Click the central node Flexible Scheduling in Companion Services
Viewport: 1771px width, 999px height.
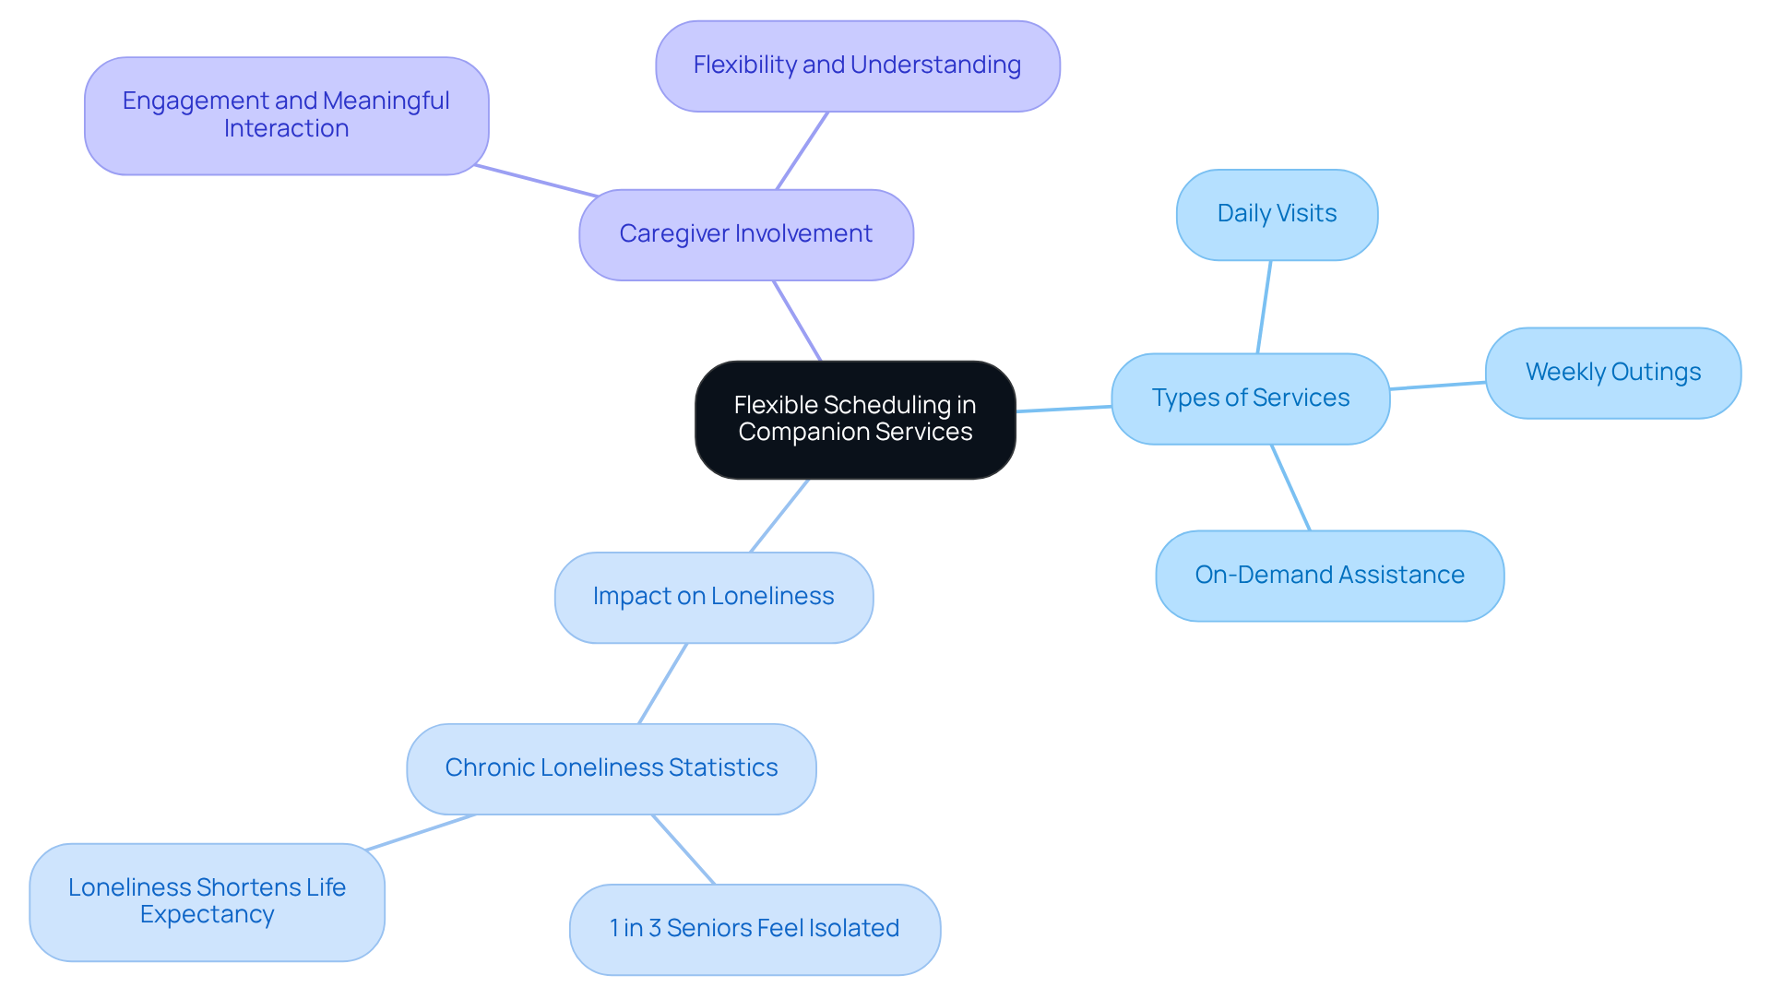click(x=855, y=420)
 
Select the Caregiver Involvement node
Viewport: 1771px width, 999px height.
click(x=745, y=234)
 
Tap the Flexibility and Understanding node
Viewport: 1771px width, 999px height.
click(x=857, y=65)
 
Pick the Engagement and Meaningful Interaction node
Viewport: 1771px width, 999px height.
click(x=286, y=115)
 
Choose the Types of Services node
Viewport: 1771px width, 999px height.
click(x=1250, y=398)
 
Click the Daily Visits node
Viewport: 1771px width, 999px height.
click(x=1277, y=214)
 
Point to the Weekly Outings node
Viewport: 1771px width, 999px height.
click(x=1612, y=373)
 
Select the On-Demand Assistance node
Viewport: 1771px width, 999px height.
click(x=1329, y=576)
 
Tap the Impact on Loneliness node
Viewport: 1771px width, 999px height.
click(x=713, y=597)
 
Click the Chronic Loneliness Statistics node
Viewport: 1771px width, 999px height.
click(x=611, y=768)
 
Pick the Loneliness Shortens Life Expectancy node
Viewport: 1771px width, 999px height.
click(x=207, y=901)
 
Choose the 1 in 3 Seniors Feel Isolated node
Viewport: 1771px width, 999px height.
click(x=755, y=929)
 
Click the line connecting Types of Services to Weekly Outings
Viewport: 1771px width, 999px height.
click(x=1437, y=386)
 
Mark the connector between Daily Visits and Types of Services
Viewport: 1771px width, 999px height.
click(x=1264, y=307)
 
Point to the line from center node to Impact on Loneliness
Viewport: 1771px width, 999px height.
click(x=779, y=516)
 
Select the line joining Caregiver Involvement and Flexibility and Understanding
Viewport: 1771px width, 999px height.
click(x=802, y=151)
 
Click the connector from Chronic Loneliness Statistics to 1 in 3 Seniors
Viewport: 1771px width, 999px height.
click(x=683, y=850)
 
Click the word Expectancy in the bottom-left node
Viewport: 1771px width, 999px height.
click(x=207, y=915)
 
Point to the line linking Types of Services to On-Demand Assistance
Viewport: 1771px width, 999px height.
click(x=1290, y=487)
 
